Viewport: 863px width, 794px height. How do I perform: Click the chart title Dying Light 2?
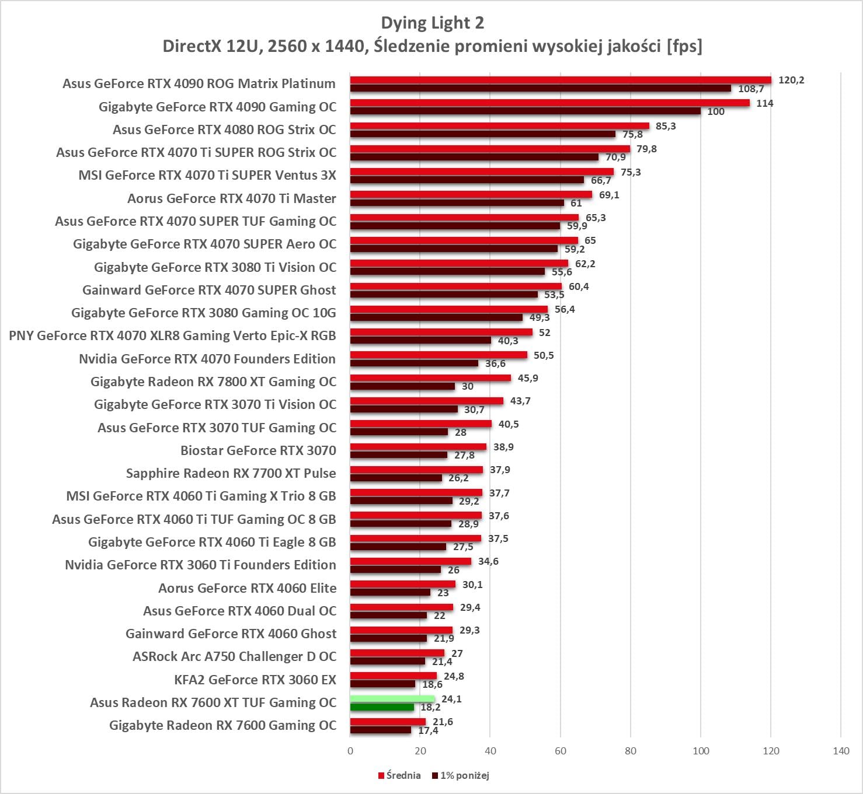[x=432, y=23]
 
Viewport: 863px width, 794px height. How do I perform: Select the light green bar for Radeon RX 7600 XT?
[x=392, y=699]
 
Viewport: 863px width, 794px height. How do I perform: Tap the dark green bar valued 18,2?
[x=382, y=707]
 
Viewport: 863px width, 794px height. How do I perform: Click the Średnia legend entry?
[x=399, y=775]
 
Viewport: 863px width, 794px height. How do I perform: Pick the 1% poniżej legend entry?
[x=461, y=775]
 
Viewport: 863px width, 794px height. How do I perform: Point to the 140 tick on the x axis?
[x=841, y=751]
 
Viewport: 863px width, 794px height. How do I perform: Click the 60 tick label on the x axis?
[x=561, y=751]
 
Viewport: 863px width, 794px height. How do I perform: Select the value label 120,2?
[x=791, y=80]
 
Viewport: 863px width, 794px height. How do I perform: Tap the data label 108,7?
[x=751, y=89]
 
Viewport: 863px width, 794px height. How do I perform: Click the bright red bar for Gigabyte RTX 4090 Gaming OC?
[x=549, y=103]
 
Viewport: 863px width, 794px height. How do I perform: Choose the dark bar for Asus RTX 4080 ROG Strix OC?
[x=483, y=134]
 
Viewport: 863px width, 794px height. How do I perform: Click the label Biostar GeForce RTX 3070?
[x=258, y=450]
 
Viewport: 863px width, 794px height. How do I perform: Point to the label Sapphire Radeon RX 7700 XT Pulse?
[x=231, y=473]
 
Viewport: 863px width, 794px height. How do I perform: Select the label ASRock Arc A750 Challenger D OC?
[x=234, y=656]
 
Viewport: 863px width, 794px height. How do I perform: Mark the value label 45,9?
[x=528, y=378]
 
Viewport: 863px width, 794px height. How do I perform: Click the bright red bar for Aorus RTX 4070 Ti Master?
[x=471, y=195]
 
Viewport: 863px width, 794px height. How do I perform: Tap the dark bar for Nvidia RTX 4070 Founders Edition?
[x=414, y=363]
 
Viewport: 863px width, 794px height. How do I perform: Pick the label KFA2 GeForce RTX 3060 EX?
[x=255, y=680]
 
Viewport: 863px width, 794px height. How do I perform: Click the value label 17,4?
[x=428, y=730]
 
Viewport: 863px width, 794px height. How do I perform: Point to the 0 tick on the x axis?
[x=350, y=751]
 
